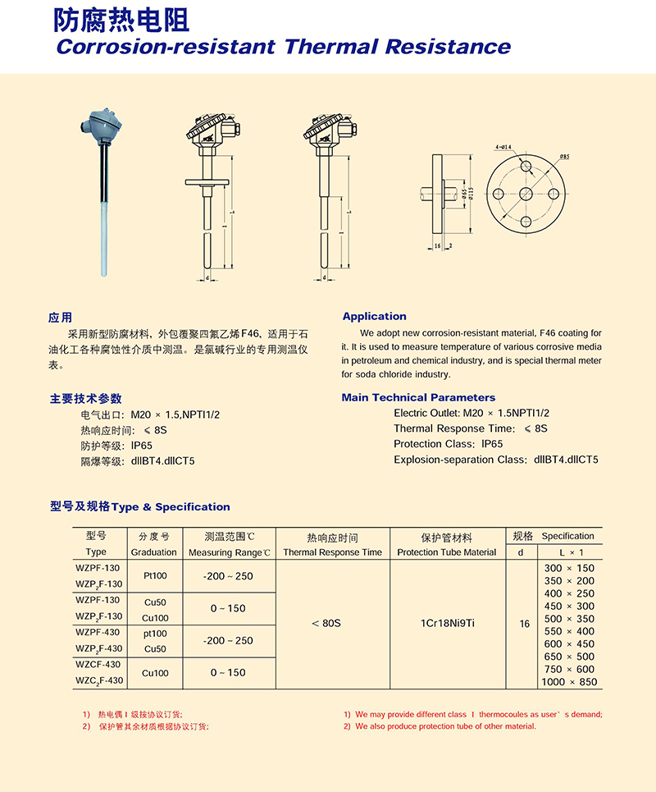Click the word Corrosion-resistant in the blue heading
tap(165, 46)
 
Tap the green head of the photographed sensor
tap(102, 123)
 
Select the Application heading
tap(374, 316)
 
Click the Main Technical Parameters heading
tap(418, 397)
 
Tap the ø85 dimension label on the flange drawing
tap(565, 156)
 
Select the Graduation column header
tap(153, 552)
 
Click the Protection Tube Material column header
tap(446, 552)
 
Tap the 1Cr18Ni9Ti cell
tap(446, 624)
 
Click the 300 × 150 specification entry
tap(570, 568)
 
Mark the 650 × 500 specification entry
tap(570, 657)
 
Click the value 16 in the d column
tap(525, 624)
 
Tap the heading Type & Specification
tap(171, 507)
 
